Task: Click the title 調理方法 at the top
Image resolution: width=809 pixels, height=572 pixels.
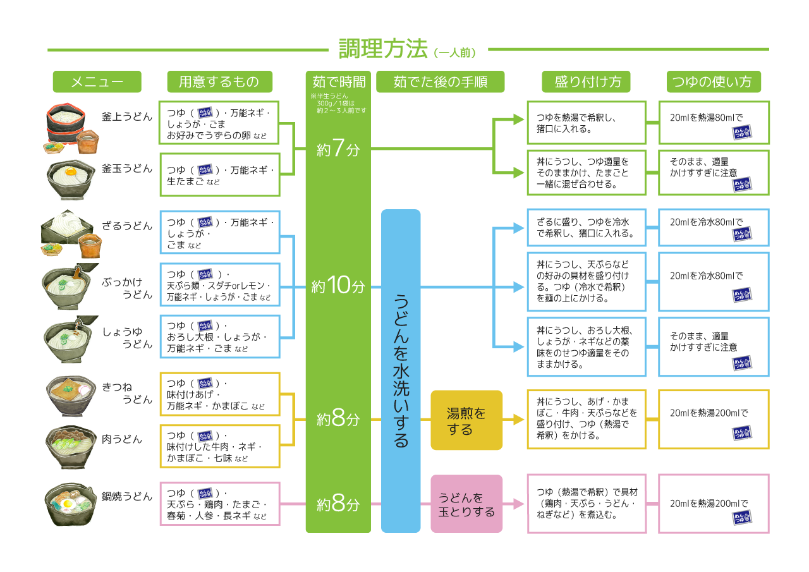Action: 383,49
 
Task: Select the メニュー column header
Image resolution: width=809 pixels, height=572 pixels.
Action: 97,82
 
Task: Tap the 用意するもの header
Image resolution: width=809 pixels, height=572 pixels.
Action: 219,82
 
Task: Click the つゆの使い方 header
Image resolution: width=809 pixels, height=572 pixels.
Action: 714,82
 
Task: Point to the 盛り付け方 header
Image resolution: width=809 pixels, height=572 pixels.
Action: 579,82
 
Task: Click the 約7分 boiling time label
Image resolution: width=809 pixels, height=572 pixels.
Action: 338,149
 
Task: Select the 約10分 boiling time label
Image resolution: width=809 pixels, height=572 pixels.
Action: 338,286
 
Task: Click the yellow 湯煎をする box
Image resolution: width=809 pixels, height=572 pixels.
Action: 466,420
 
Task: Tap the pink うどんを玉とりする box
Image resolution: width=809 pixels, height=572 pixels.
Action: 466,504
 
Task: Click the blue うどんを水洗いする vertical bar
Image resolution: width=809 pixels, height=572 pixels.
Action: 401,370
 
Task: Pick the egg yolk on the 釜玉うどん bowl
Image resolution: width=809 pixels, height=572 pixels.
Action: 70,170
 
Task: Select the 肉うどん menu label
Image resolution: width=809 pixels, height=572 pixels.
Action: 122,439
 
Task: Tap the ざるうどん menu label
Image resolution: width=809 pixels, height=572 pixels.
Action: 126,226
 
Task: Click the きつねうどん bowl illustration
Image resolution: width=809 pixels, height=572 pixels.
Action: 68,395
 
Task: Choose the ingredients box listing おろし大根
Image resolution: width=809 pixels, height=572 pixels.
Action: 219,337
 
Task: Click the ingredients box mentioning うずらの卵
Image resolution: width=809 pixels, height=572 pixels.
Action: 219,123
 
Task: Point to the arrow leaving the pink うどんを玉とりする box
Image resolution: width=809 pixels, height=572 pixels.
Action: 515,504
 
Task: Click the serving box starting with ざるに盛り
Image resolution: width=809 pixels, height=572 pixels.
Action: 587,228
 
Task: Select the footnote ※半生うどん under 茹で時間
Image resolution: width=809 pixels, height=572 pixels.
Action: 338,103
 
